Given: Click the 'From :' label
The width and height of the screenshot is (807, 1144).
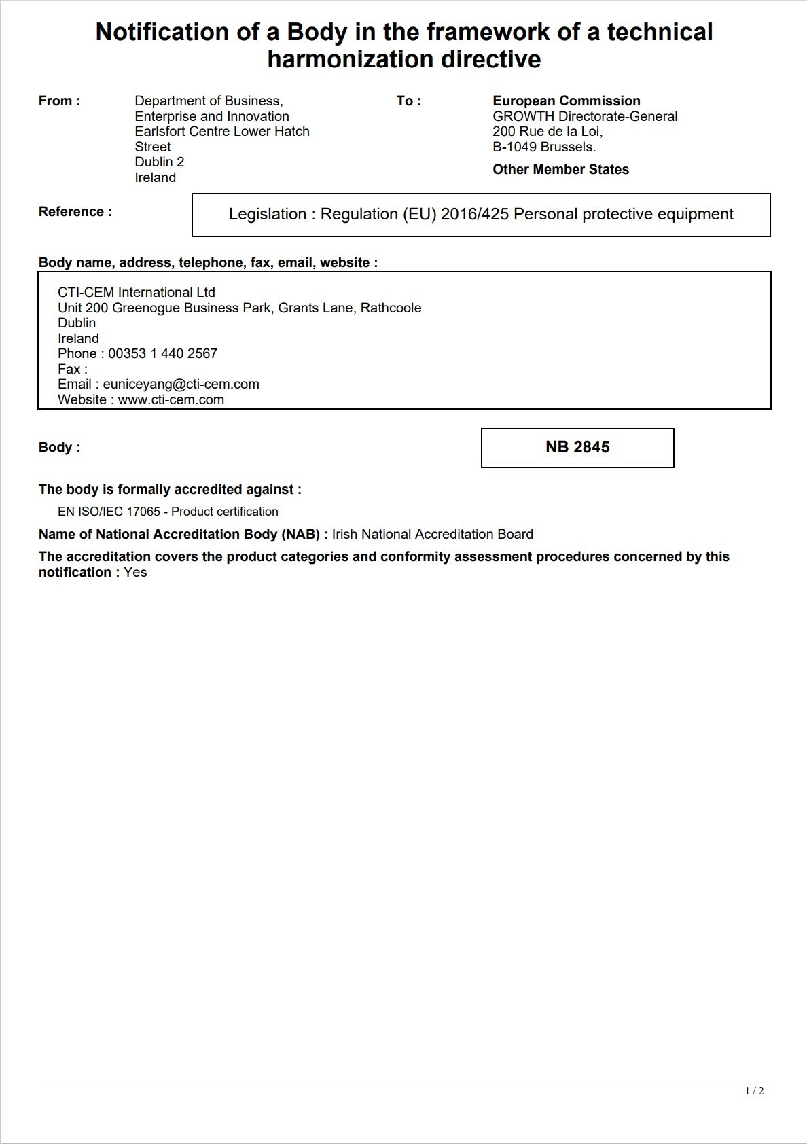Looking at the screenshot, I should tap(59, 101).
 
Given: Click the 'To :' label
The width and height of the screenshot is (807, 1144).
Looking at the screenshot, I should tap(408, 101).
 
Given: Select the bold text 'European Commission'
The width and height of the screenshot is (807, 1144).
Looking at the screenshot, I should tap(566, 101).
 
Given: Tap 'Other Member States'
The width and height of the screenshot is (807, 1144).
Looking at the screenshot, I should tap(560, 170).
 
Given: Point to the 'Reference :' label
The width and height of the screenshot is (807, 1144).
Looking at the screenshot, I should tap(75, 212).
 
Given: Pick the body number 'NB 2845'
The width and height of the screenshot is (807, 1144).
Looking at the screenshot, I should tap(577, 447).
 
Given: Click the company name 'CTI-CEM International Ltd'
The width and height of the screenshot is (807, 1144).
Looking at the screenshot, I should tap(136, 293).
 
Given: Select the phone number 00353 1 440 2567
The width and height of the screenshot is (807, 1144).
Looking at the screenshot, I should tap(162, 354).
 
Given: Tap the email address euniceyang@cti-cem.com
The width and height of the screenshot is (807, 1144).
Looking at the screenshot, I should tap(181, 385).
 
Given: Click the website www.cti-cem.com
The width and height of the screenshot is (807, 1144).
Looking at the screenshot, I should tap(171, 400).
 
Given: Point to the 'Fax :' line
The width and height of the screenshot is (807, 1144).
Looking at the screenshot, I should tap(73, 370).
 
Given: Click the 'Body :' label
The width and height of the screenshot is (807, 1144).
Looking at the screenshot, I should tap(59, 448).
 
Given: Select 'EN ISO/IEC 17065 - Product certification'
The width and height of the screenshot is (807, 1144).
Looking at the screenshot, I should tap(168, 512).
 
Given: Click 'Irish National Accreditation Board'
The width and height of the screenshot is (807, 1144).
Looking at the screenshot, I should tap(432, 535).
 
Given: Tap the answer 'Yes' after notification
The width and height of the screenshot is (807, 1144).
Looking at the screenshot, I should tap(135, 573).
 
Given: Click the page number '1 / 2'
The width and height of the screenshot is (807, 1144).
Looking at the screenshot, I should tap(754, 1091).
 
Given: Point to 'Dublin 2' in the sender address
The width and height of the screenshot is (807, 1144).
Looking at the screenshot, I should tap(159, 162).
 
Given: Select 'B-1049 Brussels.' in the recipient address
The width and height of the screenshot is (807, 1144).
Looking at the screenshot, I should tap(544, 147).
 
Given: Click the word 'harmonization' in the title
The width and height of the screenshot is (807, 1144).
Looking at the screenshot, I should tap(351, 60).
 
